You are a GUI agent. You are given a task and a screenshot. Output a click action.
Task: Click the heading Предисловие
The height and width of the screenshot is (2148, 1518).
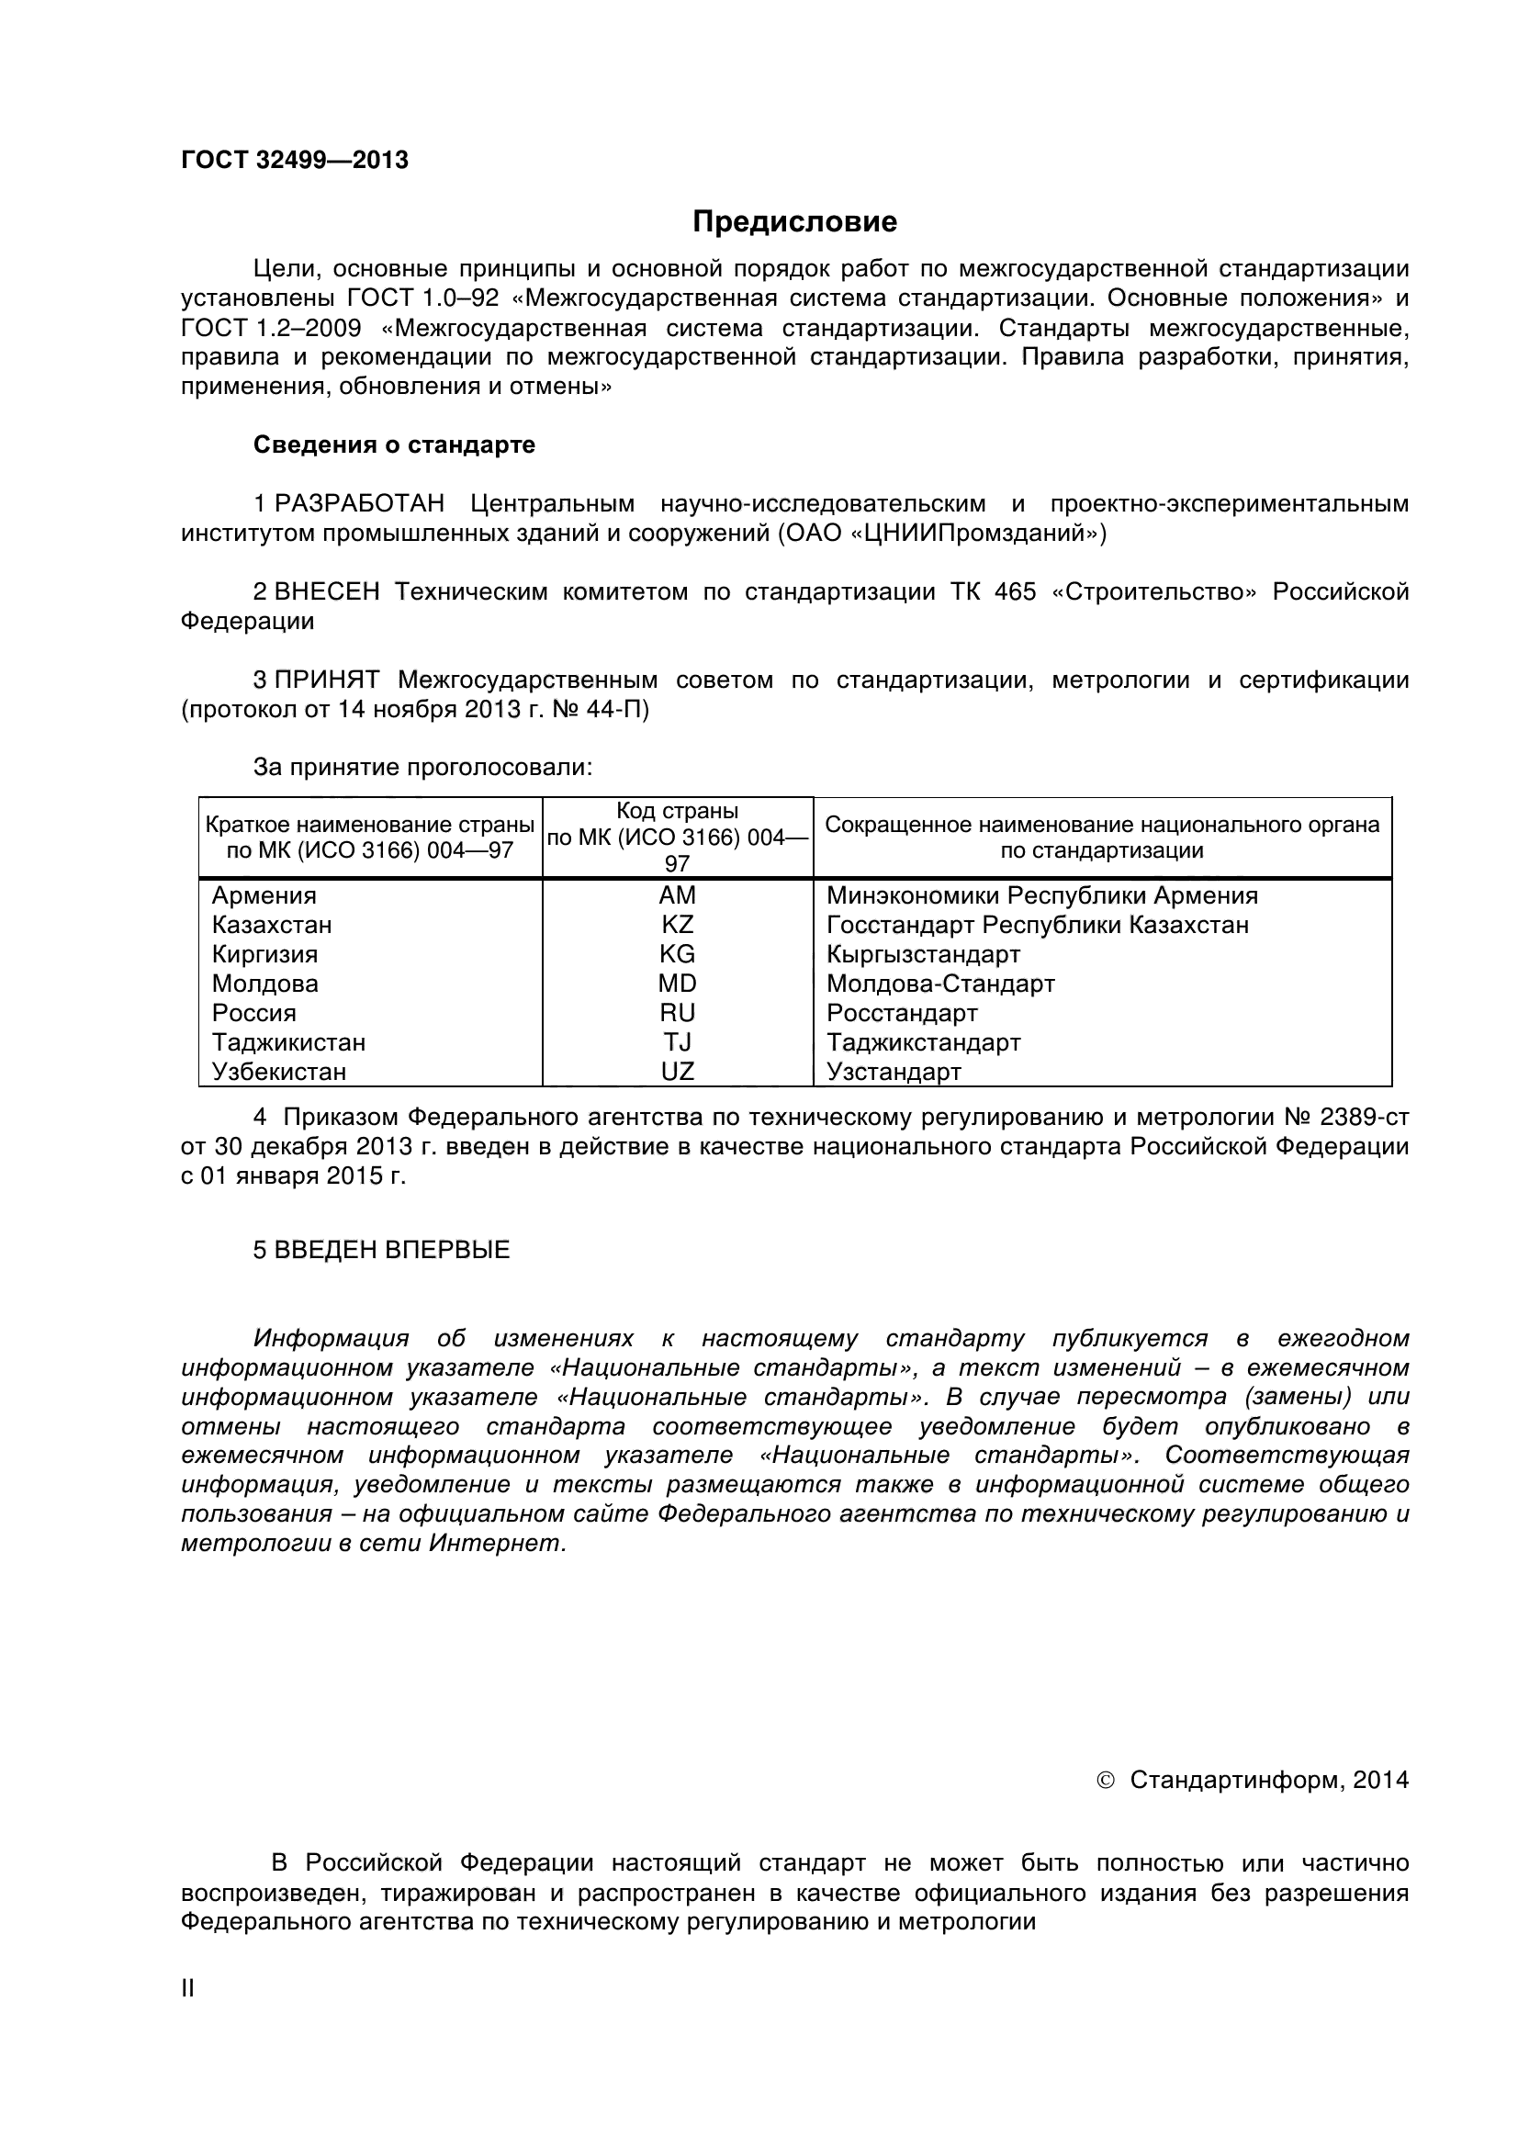coord(794,221)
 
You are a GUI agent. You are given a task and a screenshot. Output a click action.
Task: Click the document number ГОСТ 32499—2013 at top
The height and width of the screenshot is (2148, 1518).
coord(295,161)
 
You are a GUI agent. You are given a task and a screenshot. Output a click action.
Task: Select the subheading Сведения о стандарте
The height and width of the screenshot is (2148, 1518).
coord(394,444)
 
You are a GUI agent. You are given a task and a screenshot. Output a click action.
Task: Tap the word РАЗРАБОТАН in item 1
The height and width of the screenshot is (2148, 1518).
coord(359,503)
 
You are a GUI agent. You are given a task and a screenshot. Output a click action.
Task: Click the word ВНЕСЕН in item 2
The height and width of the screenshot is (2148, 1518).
coord(326,591)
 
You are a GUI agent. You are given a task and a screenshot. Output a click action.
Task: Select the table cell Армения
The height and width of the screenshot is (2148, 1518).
coord(264,895)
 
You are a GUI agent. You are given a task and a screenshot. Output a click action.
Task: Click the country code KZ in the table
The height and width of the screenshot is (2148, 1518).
coord(677,925)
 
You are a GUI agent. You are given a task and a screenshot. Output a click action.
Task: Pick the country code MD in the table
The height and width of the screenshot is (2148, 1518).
coord(677,984)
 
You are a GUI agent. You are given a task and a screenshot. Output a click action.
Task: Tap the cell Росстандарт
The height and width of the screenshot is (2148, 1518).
coord(902,1013)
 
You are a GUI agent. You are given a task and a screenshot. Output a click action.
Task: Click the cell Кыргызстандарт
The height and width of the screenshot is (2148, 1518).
coord(923,954)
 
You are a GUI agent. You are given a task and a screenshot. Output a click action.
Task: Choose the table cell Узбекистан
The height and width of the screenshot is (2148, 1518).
coord(279,1071)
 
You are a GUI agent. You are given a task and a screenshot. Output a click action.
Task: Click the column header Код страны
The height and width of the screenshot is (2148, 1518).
coord(677,811)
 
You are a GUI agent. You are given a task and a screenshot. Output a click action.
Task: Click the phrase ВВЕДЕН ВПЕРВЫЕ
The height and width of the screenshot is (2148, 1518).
coord(391,1250)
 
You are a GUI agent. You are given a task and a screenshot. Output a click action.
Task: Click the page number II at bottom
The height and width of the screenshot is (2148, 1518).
coord(187,1989)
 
